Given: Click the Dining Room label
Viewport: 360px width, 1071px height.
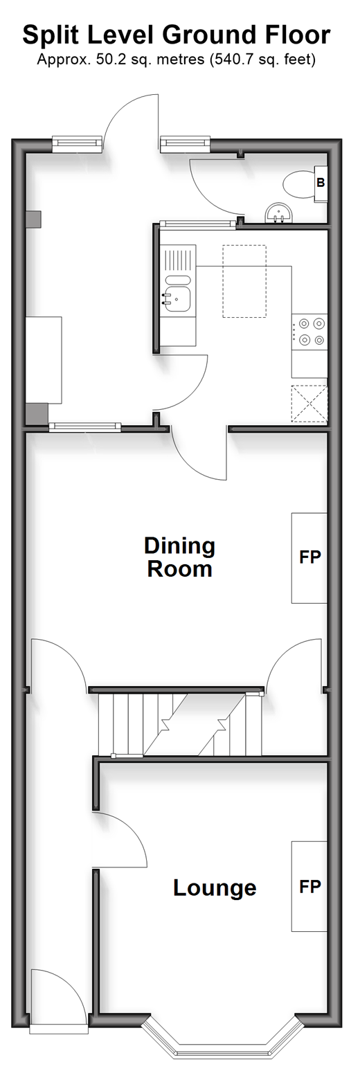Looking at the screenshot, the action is click(x=180, y=557).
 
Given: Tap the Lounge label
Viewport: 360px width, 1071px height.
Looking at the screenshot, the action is click(x=215, y=888).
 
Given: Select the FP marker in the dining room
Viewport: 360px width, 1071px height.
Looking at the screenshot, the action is click(x=309, y=557).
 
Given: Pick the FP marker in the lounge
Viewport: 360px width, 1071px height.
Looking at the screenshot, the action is click(x=309, y=886).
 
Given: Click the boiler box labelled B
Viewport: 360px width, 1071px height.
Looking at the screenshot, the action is click(x=321, y=183).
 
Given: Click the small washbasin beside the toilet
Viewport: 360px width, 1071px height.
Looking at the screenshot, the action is click(x=278, y=213).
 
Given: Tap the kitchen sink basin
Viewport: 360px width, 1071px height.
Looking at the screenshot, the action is click(x=177, y=299).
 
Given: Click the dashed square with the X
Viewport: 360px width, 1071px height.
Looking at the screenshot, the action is click(x=309, y=404).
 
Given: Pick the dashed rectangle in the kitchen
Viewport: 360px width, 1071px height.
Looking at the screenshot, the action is click(x=244, y=281).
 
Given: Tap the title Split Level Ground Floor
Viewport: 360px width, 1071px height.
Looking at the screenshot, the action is click(x=177, y=35).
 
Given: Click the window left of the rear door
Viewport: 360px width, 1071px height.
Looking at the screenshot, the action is click(x=77, y=144).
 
